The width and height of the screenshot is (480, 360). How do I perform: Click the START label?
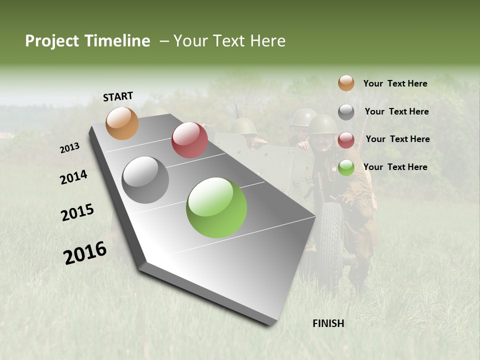(118, 96)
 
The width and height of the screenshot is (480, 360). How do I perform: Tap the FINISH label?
(328, 323)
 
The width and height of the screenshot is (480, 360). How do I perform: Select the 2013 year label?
(70, 148)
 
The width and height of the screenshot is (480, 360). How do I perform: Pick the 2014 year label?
(73, 177)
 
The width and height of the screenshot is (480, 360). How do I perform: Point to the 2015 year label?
(77, 212)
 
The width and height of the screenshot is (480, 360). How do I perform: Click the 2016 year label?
(85, 252)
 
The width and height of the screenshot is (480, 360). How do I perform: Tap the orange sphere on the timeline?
(122, 123)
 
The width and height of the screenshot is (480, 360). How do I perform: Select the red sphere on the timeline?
(189, 140)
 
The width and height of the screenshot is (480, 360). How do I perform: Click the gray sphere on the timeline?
(145, 180)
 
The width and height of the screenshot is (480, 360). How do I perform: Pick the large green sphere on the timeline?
(216, 207)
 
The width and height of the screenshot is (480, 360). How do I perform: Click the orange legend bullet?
(346, 83)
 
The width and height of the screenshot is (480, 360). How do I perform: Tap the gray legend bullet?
(346, 112)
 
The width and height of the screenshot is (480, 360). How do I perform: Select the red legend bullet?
(346, 140)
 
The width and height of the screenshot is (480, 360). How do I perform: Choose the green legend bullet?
(346, 167)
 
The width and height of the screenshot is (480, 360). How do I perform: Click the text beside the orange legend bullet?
(395, 83)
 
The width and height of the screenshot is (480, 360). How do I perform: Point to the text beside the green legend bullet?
(395, 167)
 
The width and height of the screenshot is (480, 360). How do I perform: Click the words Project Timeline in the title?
(87, 41)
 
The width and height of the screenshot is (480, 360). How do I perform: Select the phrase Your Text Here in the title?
(229, 41)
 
